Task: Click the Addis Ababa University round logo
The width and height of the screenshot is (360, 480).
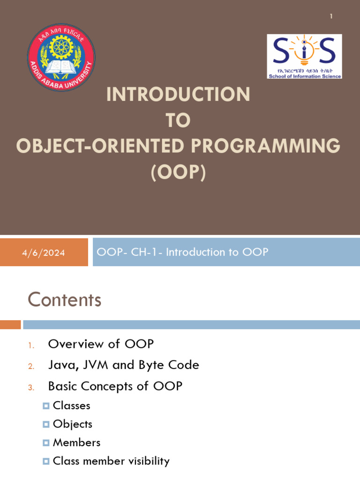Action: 61,57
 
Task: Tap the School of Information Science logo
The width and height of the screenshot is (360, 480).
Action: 304,56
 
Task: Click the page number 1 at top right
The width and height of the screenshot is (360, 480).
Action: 331,16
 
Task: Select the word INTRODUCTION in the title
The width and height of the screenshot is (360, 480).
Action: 178,95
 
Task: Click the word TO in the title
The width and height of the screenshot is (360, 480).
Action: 178,120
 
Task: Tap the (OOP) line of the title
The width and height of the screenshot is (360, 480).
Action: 178,172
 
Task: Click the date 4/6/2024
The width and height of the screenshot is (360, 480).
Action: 44,253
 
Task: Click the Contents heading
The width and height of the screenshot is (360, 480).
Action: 64,300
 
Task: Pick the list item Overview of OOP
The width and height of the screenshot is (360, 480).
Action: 101,344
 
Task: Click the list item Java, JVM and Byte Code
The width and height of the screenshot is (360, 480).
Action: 123,365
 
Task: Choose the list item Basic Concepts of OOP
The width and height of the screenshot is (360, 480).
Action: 115,386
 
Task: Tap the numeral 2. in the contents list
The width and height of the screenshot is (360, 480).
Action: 31,366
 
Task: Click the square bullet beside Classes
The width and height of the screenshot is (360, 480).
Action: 46,406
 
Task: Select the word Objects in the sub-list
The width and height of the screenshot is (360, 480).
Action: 72,424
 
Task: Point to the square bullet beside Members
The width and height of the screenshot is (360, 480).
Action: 46,443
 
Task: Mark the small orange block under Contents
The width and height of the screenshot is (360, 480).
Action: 10,324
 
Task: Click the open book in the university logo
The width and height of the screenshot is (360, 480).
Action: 61,68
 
